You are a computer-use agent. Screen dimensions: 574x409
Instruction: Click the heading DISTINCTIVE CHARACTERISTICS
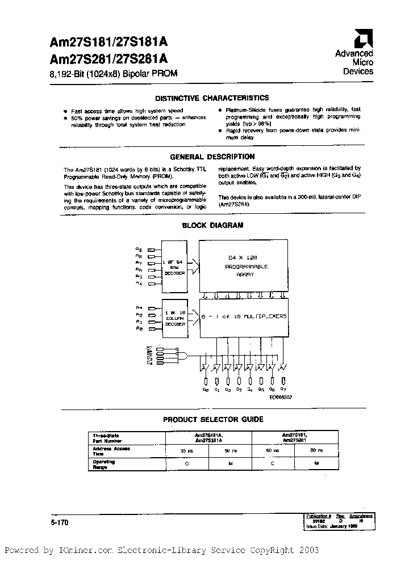click(212, 98)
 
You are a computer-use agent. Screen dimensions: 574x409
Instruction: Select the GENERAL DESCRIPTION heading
click(212, 157)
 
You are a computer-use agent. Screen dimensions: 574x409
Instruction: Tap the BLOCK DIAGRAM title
click(212, 225)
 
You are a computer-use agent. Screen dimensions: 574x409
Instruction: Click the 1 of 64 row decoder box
click(174, 265)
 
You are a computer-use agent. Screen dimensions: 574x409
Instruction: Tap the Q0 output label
click(205, 390)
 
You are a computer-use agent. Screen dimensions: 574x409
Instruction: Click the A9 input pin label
click(139, 249)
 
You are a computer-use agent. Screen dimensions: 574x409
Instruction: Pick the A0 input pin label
click(139, 330)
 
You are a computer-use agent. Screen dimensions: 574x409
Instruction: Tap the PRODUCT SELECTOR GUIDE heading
click(213, 420)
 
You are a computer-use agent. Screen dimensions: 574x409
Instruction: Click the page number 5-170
click(59, 524)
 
